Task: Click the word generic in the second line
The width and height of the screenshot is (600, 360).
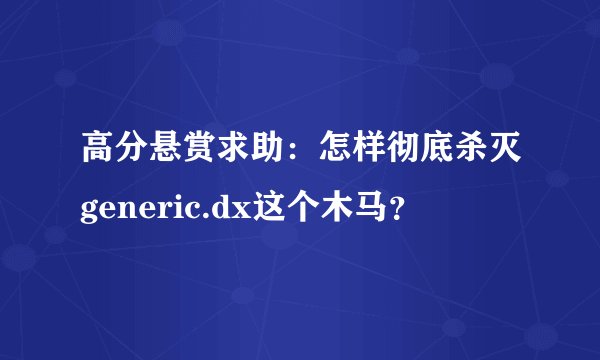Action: pos(139,207)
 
